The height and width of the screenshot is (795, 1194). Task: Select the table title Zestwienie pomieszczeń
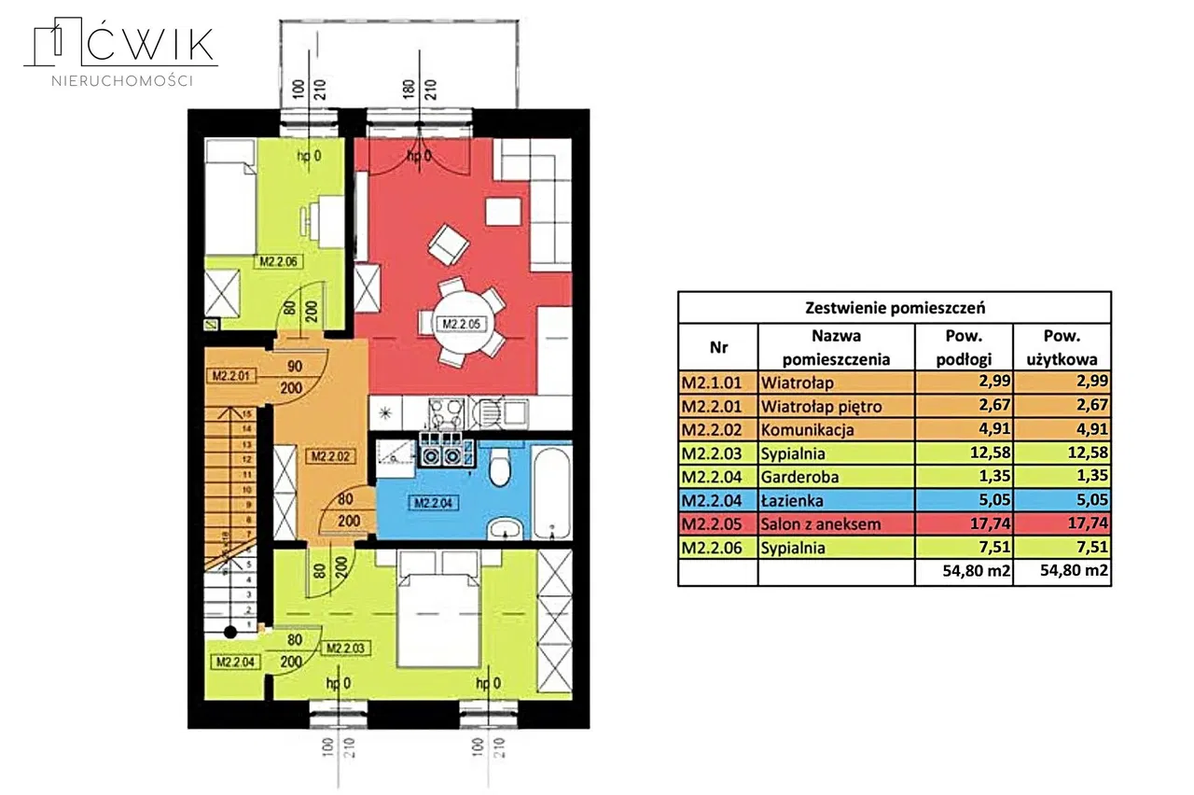[x=894, y=307]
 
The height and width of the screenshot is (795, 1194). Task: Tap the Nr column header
[x=717, y=347]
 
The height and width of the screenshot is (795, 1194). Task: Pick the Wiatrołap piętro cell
[x=821, y=406]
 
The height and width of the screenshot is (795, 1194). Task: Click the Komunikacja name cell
[x=808, y=430]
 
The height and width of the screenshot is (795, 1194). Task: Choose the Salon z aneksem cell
[x=821, y=524]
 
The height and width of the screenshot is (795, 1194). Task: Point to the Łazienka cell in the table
[x=796, y=501]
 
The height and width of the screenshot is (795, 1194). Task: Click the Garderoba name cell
[x=799, y=477]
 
